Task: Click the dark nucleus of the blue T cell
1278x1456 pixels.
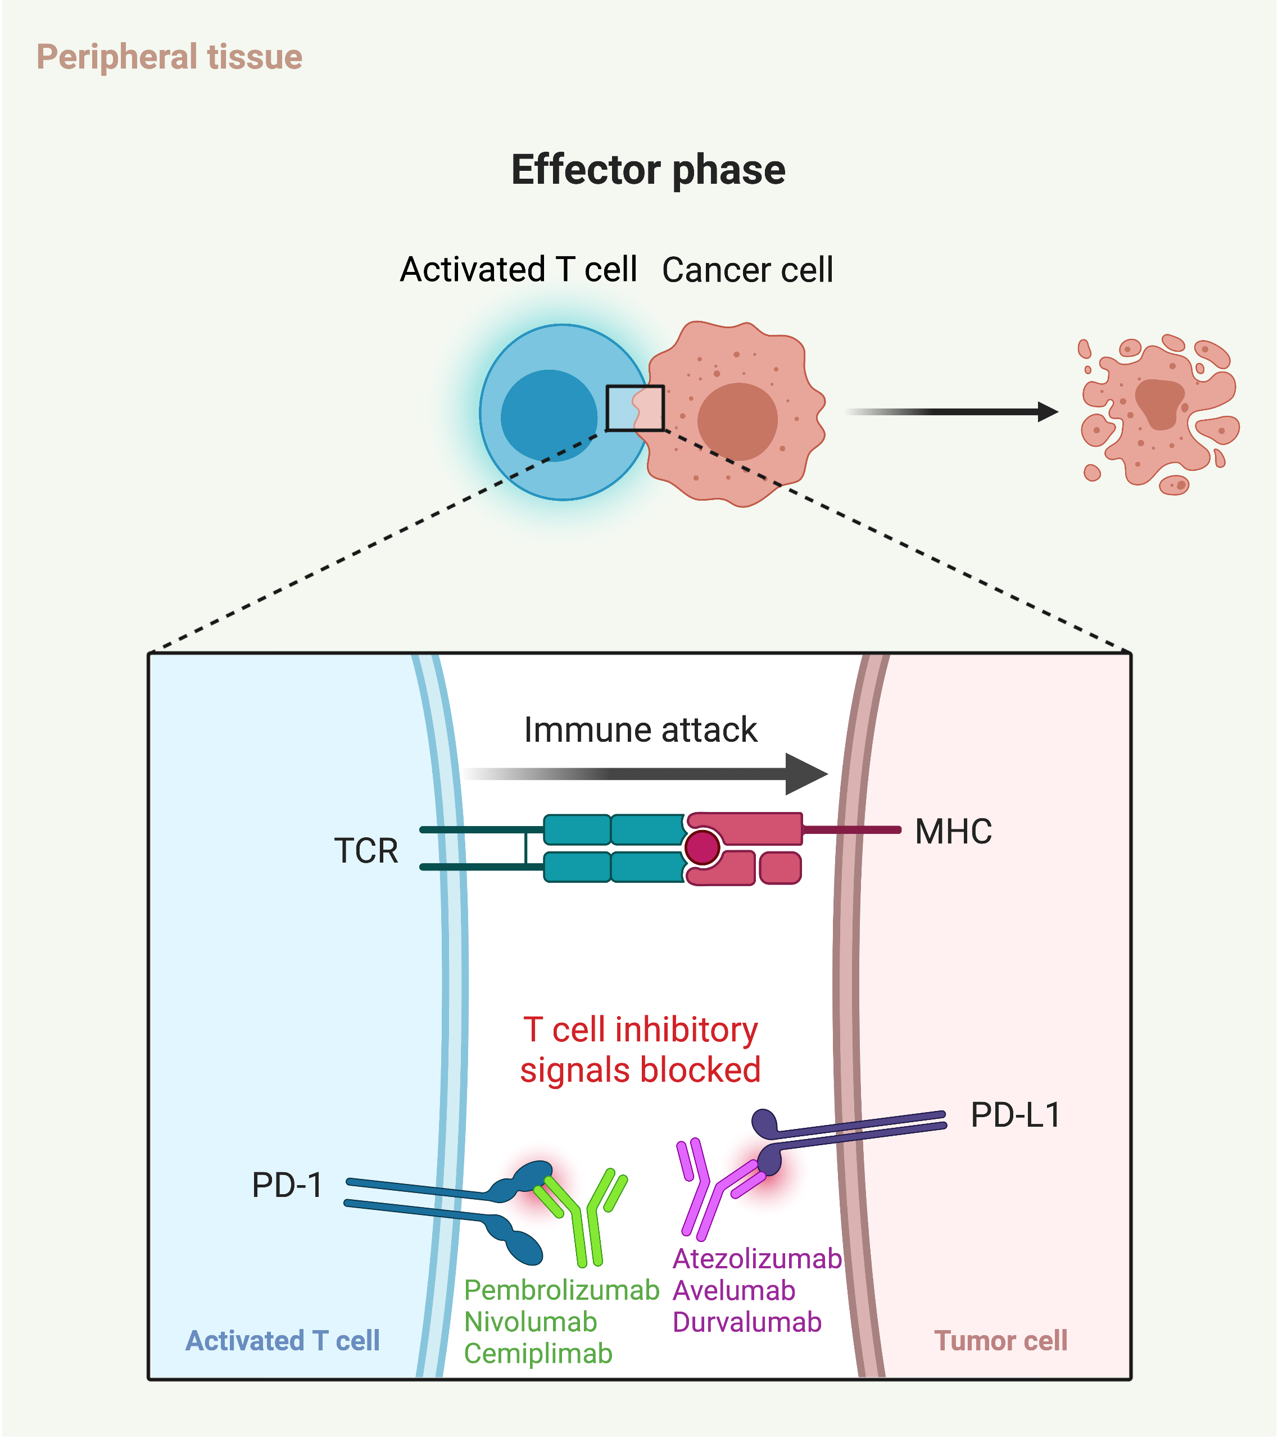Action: (549, 415)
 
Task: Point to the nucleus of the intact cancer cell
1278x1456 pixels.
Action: (737, 420)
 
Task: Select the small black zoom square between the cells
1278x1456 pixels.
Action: (635, 408)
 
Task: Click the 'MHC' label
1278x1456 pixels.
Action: (953, 831)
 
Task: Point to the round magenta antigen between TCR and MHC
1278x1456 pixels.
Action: (702, 847)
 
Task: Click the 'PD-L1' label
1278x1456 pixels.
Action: (1015, 1115)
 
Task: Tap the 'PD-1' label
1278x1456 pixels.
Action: (287, 1185)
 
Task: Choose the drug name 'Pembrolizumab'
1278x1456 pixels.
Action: (561, 1290)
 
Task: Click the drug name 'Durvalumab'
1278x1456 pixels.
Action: (746, 1322)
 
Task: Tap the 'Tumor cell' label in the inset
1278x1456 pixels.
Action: (1000, 1341)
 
